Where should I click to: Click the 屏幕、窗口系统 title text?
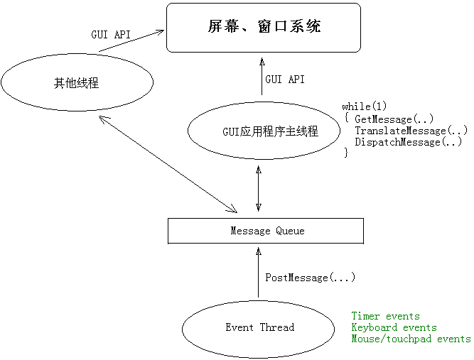[264, 26]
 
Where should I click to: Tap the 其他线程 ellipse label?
[77, 83]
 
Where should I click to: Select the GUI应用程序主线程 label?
[270, 131]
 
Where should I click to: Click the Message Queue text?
[267, 231]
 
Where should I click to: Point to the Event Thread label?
[259, 327]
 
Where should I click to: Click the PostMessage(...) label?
[310, 278]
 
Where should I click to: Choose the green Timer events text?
[385, 316]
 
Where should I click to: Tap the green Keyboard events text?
[394, 327]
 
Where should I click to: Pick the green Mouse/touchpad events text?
[411, 339]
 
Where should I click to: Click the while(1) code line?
[365, 107]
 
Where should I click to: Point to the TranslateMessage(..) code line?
[411, 131]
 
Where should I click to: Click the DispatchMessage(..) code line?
[409, 142]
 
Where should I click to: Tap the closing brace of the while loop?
[346, 153]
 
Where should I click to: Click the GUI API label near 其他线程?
[111, 34]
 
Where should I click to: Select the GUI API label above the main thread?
[285, 80]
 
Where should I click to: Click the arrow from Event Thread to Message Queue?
[258, 273]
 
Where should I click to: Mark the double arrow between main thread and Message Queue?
[259, 188]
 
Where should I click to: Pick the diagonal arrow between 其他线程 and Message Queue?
[168, 165]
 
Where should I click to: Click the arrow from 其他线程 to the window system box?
[131, 40]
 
